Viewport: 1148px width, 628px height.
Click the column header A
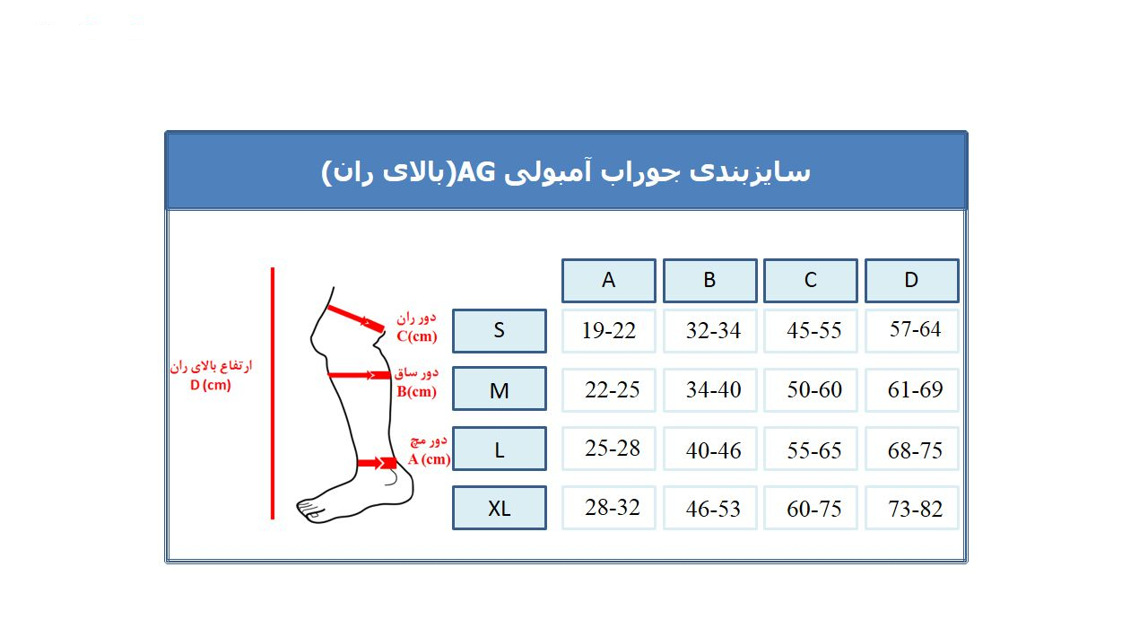point(609,280)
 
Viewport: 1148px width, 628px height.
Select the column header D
point(911,280)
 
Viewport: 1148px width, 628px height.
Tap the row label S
point(500,330)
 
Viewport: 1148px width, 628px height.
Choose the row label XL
point(500,508)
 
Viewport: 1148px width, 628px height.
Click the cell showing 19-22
point(609,330)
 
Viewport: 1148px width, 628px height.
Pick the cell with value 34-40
point(709,389)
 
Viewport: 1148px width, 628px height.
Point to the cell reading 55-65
point(811,449)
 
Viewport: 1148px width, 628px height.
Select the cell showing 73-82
point(911,509)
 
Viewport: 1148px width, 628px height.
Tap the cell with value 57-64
point(911,329)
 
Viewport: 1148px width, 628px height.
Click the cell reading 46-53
point(709,509)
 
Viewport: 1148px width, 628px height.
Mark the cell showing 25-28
point(609,448)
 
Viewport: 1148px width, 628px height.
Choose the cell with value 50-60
point(811,389)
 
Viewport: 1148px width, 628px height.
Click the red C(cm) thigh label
point(417,336)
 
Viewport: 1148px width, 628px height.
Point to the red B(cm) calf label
point(417,391)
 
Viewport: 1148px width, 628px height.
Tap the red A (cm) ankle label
point(429,459)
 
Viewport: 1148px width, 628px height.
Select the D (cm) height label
point(211,386)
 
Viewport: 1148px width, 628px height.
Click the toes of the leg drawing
point(310,511)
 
